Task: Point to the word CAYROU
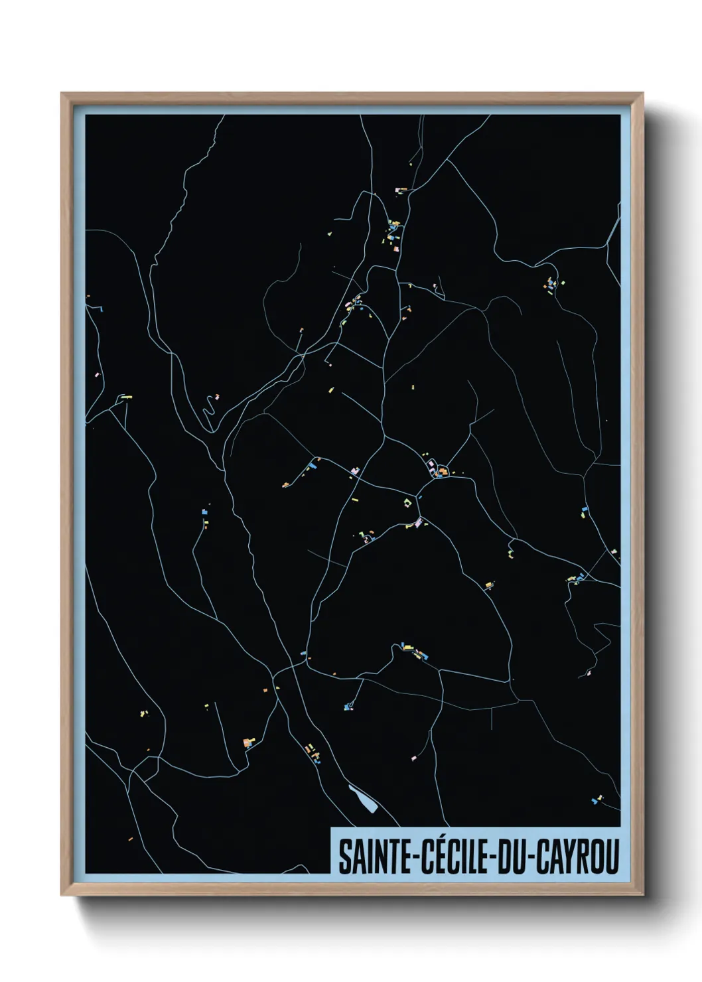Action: click(x=577, y=857)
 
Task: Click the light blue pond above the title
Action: click(x=362, y=799)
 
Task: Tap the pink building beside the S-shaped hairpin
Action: click(x=218, y=397)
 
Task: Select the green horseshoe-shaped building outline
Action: click(x=407, y=503)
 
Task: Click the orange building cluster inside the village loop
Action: click(x=442, y=472)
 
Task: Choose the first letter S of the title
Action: click(x=345, y=857)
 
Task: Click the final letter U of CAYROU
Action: click(x=612, y=857)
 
